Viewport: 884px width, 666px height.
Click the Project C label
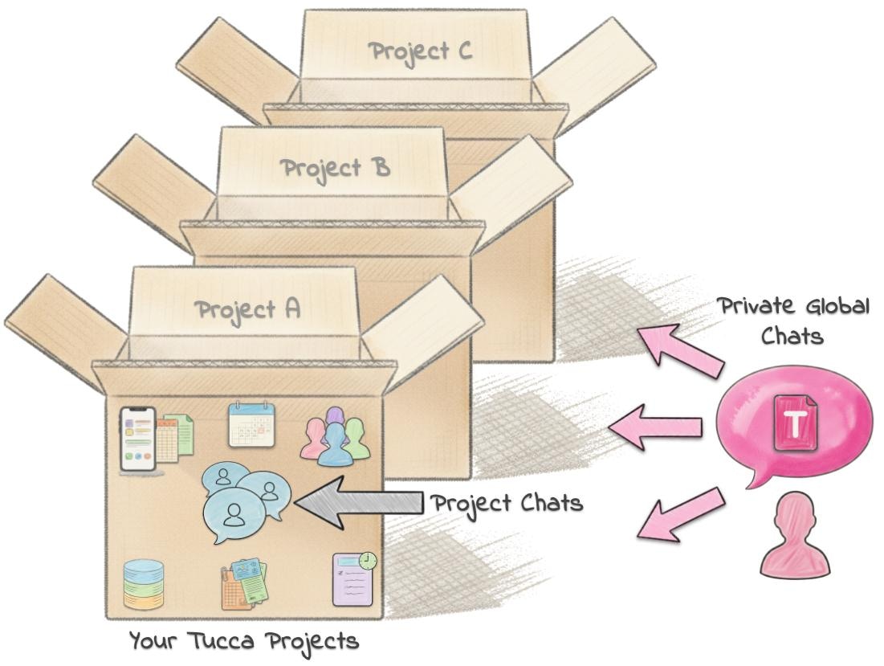[419, 51]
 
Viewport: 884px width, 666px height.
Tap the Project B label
[335, 169]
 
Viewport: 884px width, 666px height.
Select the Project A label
[247, 309]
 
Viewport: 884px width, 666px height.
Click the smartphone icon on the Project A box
[136, 439]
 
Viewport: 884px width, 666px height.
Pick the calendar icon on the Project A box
[251, 424]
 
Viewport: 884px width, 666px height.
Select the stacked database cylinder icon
[144, 584]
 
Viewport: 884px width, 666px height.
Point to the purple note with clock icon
[353, 578]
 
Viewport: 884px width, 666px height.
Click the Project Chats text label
[507, 505]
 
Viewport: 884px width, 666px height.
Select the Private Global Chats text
[792, 320]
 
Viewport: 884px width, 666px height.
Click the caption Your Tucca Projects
[244, 641]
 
